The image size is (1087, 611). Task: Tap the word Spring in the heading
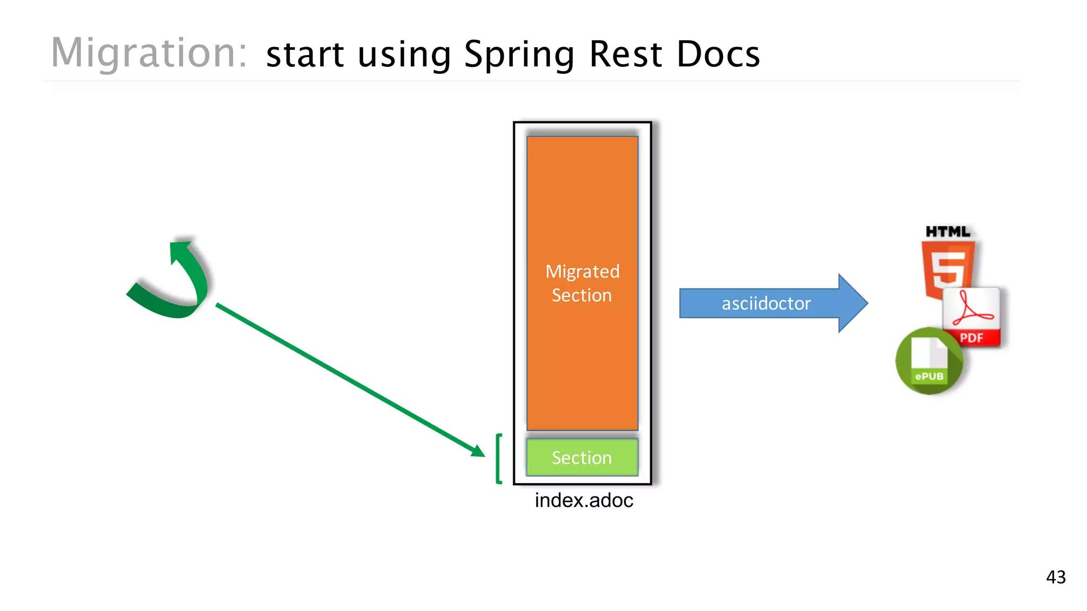click(519, 55)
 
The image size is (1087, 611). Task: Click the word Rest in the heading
click(626, 54)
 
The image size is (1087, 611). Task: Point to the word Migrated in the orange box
click(582, 272)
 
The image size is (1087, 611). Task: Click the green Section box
click(582, 457)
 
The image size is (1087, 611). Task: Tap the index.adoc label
click(584, 500)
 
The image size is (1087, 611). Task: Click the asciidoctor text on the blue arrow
click(766, 303)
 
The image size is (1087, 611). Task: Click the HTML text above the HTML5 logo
click(948, 232)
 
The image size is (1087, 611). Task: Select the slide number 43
click(1056, 577)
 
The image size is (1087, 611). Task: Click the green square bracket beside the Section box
click(498, 459)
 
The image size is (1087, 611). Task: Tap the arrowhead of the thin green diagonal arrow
click(478, 451)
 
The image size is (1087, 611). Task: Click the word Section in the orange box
click(582, 295)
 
